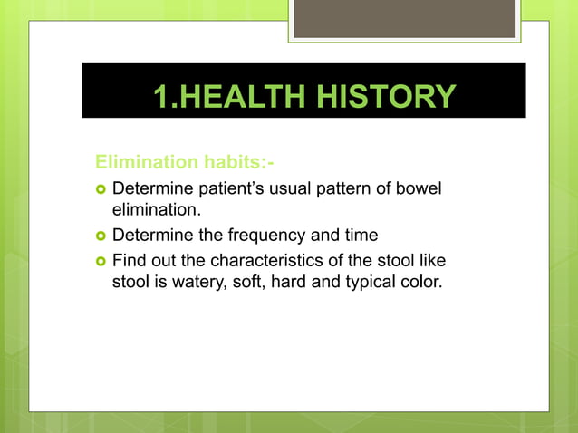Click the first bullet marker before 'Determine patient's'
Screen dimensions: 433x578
pos(101,189)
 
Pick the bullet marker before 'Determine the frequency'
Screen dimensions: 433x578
pos(101,236)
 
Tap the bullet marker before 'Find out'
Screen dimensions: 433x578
pos(101,261)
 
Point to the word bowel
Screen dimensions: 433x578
pos(425,188)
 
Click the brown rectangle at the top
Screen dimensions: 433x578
pos(404,18)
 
